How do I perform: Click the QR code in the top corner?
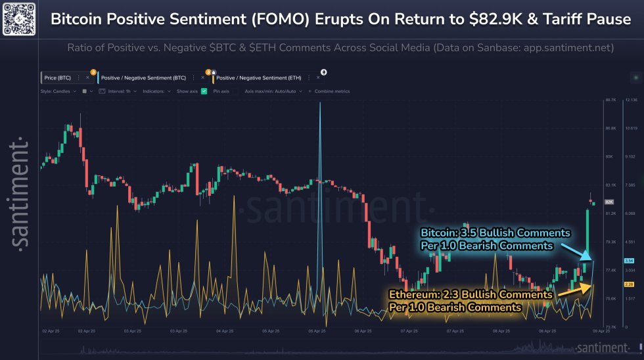coord(18,18)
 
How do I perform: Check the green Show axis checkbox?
coord(204,91)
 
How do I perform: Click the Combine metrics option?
coord(332,91)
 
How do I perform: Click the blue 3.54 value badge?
coord(628,261)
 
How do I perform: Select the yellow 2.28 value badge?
coord(628,284)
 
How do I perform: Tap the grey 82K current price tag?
coord(609,202)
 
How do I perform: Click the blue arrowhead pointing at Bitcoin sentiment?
coord(589,258)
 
